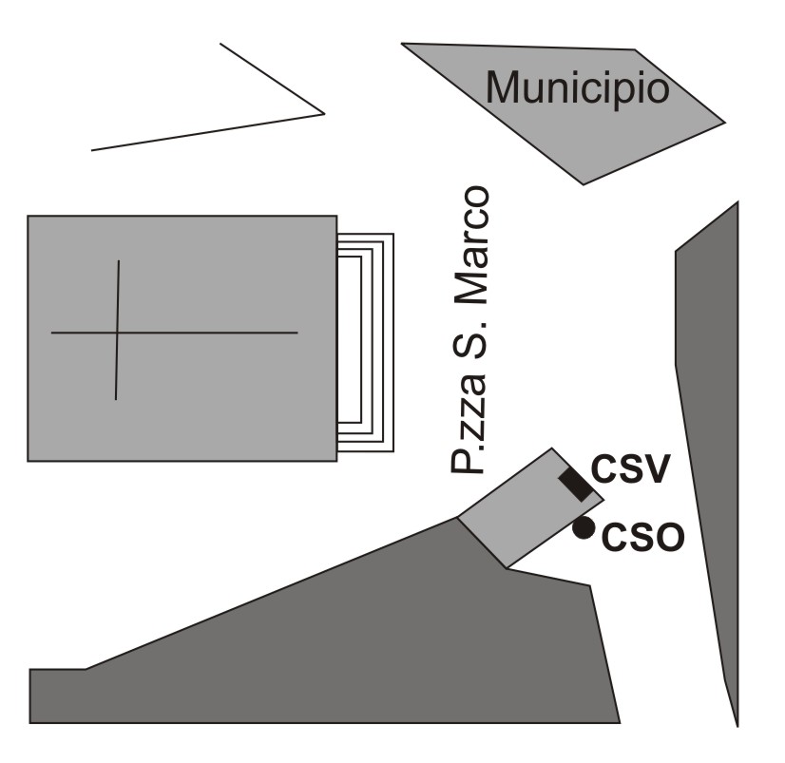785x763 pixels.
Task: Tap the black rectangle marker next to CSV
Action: tap(575, 484)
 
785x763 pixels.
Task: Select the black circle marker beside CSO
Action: tap(584, 528)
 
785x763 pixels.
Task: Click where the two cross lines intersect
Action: tap(117, 333)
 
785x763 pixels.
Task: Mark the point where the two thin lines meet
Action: tap(324, 114)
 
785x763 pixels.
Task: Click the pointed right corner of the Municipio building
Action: tap(724, 121)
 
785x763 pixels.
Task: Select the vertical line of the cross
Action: tap(117, 285)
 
